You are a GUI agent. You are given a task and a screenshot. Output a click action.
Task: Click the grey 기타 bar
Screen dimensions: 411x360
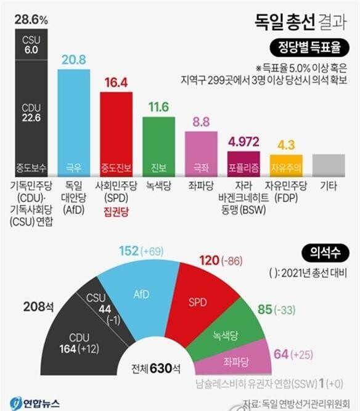coord(328,165)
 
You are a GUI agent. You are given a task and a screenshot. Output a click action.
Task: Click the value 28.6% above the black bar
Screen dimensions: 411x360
coord(31,20)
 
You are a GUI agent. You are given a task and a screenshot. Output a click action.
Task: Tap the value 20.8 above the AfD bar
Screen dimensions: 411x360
coord(74,59)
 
